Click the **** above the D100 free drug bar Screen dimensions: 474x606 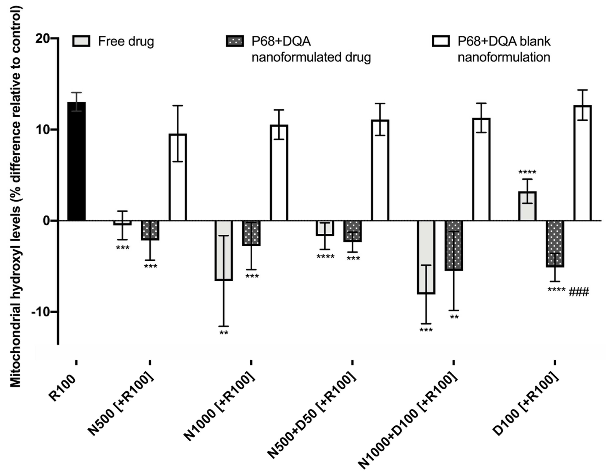point(527,172)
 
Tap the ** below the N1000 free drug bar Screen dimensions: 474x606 point(224,333)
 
